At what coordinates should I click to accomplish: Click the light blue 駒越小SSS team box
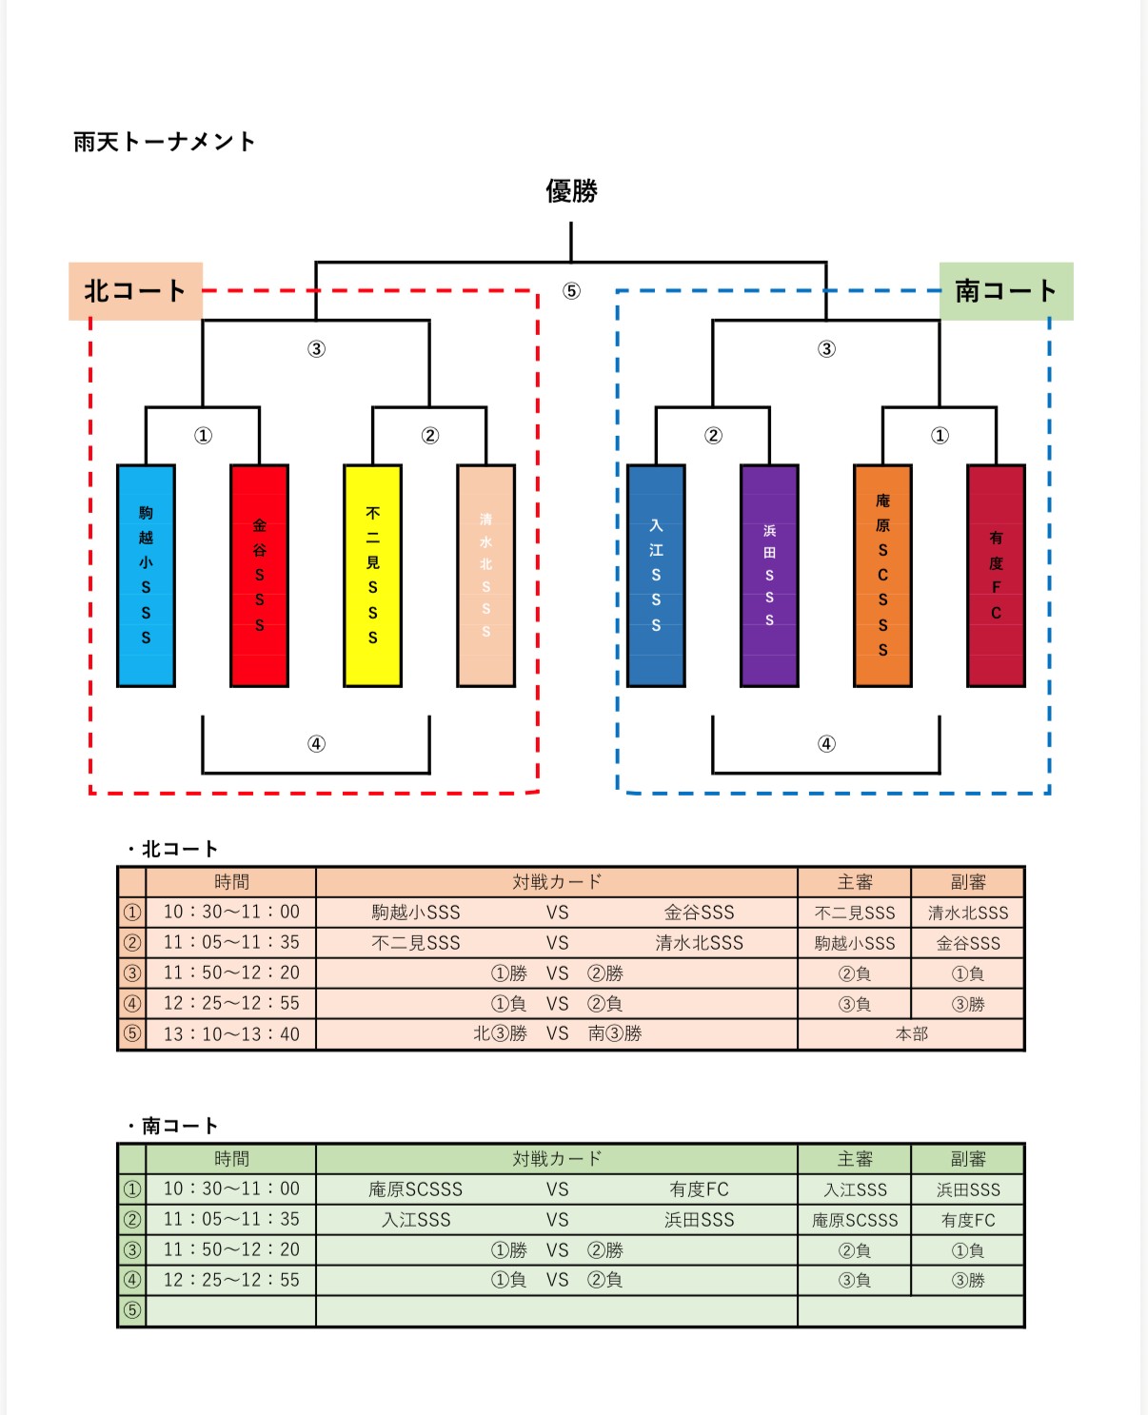coord(146,576)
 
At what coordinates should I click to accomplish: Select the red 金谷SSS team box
coord(259,576)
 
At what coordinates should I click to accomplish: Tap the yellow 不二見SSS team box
coord(372,576)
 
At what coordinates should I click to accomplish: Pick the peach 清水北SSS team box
coord(485,576)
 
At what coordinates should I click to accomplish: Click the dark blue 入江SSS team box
coord(656,576)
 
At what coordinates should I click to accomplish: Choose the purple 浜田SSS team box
coord(769,576)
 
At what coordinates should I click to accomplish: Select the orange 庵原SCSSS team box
coord(882,576)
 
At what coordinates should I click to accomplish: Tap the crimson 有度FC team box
coord(996,576)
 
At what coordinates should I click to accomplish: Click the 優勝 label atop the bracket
coord(571,191)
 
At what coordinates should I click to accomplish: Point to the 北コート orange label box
coord(135,291)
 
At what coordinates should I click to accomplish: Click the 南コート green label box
coord(1006,291)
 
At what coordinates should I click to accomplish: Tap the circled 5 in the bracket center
coord(571,291)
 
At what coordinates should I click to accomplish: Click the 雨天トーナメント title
coord(165,142)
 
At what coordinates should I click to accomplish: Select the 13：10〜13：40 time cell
coord(231,1034)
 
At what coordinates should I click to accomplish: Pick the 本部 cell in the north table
coord(911,1034)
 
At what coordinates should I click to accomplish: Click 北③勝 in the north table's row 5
coord(500,1034)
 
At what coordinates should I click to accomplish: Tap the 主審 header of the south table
coord(855,1159)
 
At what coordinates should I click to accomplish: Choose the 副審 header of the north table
coord(968,882)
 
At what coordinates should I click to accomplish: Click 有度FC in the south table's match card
coord(699,1189)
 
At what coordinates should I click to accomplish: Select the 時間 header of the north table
coord(231,882)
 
